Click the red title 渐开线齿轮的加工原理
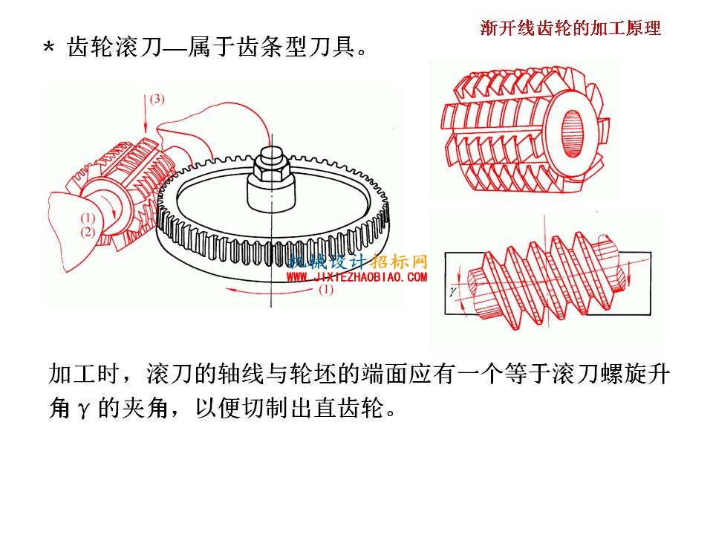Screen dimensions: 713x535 (570, 27)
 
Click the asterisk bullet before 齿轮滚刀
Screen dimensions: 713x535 (49, 48)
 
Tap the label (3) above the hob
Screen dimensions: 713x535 (157, 99)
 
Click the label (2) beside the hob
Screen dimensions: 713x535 (88, 233)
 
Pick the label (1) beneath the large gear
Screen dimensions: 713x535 (325, 289)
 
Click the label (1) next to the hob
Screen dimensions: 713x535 (88, 218)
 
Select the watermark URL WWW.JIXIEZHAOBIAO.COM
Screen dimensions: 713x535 (356, 276)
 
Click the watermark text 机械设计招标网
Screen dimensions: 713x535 (358, 262)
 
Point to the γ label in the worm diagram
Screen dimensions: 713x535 (452, 291)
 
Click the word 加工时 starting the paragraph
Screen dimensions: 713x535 (84, 374)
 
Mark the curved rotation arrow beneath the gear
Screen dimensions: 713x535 (272, 291)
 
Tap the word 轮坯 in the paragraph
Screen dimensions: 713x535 (313, 374)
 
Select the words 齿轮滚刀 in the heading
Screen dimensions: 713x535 (114, 46)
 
